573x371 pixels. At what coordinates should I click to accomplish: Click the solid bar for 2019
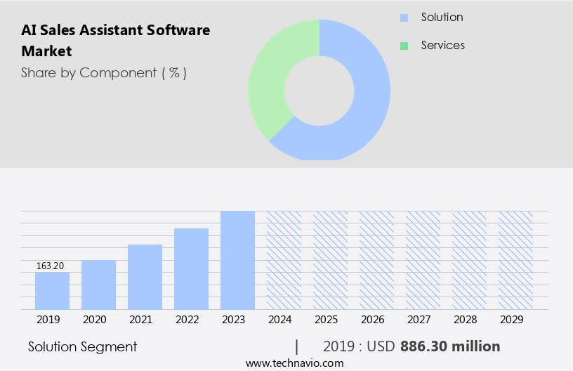tap(52, 291)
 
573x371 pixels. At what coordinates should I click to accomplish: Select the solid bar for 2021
tap(145, 277)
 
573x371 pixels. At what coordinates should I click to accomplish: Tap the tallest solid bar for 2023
tap(237, 260)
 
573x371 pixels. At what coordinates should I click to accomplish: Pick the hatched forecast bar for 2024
tap(284, 260)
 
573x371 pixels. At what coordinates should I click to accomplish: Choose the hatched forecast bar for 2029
tap(515, 260)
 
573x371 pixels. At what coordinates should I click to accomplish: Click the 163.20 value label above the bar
tap(50, 266)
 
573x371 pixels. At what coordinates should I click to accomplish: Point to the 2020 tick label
tap(94, 320)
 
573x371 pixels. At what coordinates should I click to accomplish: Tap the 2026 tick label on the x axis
tap(372, 320)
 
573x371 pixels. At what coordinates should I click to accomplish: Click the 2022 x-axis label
tap(187, 320)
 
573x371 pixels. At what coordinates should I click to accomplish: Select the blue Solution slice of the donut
tap(365, 105)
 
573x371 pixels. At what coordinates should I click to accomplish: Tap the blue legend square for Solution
tap(404, 18)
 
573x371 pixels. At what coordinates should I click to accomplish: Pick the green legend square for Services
tap(404, 46)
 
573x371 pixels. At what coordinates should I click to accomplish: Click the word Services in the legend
tap(442, 45)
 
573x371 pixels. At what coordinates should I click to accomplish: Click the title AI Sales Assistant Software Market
tap(116, 40)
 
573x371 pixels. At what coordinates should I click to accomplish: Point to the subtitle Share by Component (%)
tap(104, 72)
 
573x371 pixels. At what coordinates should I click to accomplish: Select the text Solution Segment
tap(83, 346)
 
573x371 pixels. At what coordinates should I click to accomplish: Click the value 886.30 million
tap(450, 346)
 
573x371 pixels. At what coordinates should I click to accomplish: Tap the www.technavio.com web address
tap(295, 363)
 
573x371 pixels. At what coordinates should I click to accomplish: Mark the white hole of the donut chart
tap(319, 89)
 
